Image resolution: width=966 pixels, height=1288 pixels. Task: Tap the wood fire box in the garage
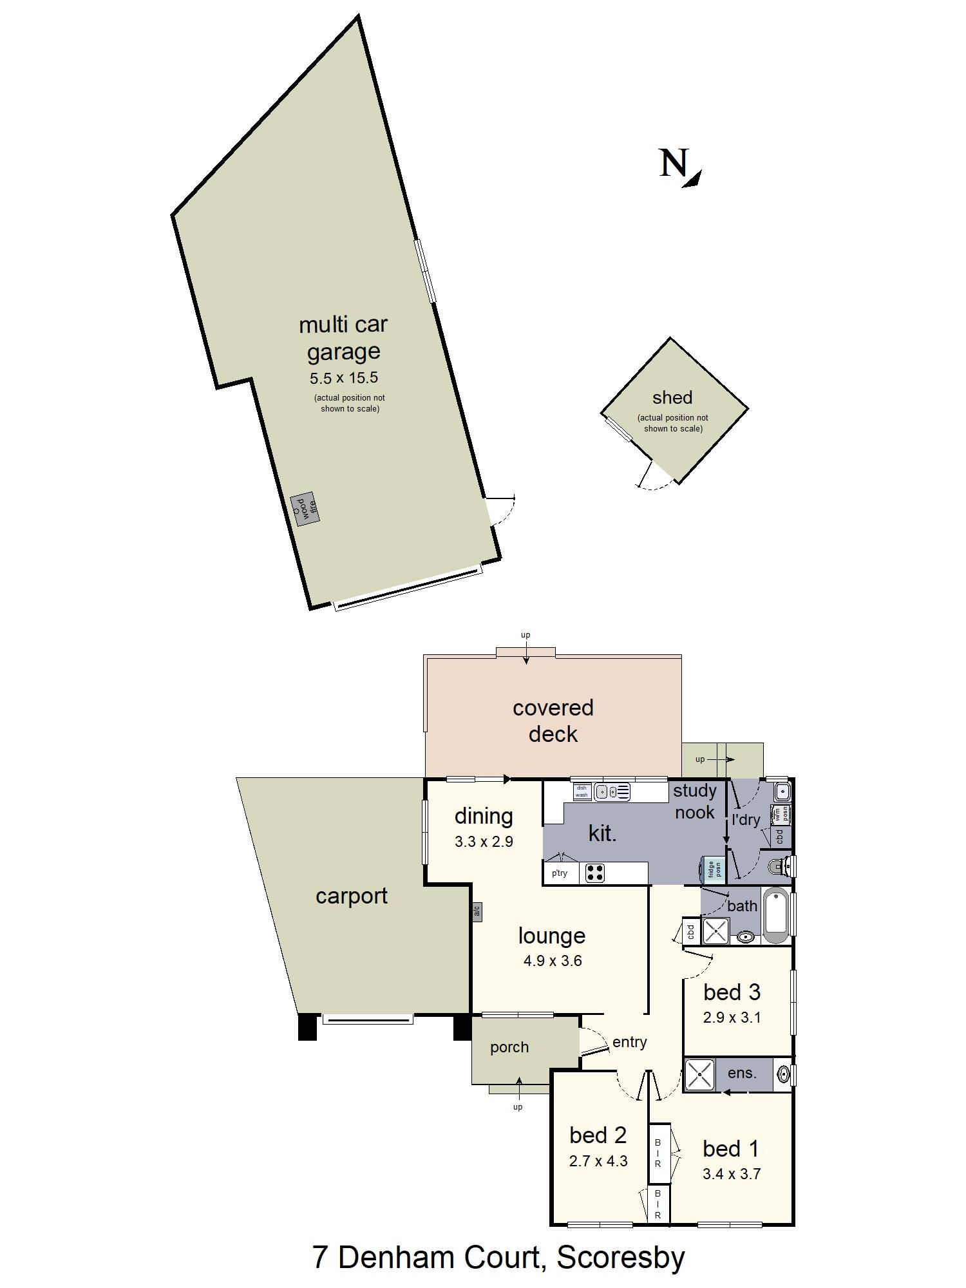[x=305, y=509]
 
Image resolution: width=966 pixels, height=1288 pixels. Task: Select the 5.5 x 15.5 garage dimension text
[x=343, y=378]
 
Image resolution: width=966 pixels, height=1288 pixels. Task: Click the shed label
[x=672, y=397]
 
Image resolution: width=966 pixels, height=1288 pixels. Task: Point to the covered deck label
[x=553, y=721]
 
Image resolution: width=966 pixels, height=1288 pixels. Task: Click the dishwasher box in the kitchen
[x=582, y=791]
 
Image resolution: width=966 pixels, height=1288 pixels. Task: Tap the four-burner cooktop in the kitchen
[x=595, y=873]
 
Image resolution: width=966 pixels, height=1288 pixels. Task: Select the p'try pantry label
[x=559, y=873]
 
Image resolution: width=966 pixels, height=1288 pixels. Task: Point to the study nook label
[x=694, y=801]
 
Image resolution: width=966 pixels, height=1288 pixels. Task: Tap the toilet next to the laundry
[x=781, y=867]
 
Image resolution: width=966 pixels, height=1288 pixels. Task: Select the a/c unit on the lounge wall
[x=477, y=911]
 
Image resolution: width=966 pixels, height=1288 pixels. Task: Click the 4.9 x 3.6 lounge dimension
[x=553, y=961]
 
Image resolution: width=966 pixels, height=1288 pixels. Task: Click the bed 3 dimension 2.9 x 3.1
[x=732, y=1018]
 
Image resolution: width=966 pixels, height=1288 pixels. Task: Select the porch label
[x=509, y=1047]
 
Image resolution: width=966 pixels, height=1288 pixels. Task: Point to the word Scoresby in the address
[x=620, y=1257]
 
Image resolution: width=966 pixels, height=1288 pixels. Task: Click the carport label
[x=351, y=896]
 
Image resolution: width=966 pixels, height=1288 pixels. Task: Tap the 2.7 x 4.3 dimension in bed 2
[x=598, y=1161]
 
